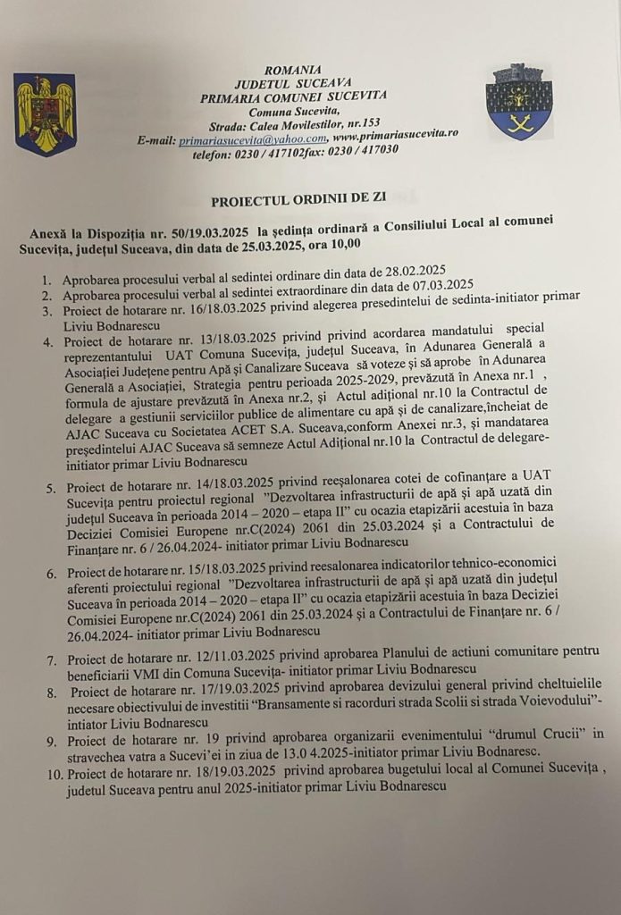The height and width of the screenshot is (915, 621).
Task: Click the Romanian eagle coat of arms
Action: click(45, 114)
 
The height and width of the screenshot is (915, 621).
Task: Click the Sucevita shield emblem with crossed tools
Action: click(518, 102)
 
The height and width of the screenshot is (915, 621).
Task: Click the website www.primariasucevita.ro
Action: click(396, 134)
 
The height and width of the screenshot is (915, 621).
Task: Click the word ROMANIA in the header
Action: click(293, 70)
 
